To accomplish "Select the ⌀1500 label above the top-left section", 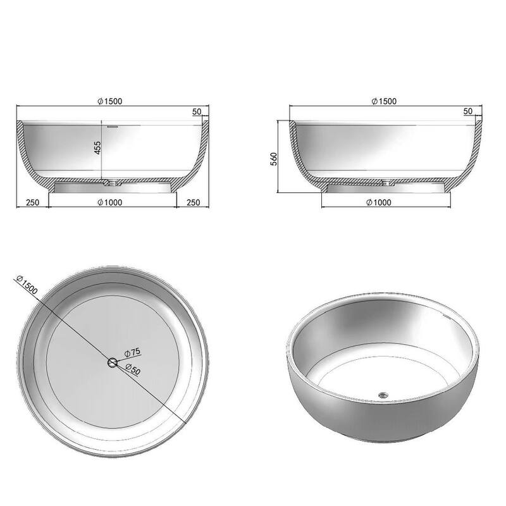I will pos(111,101).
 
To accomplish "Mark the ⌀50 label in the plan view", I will pos(133,370).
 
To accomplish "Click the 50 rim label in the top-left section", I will pos(197,111).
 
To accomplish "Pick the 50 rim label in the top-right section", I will pos(468,111).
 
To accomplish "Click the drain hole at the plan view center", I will pos(113,362).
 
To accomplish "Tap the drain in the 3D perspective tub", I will pos(382,395).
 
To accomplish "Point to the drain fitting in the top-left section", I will pos(111,183).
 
